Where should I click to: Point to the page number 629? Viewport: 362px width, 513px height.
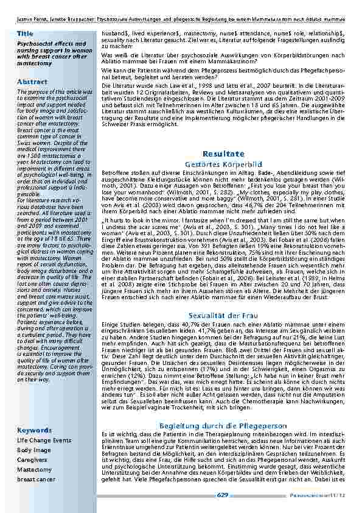[x=222, y=495]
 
